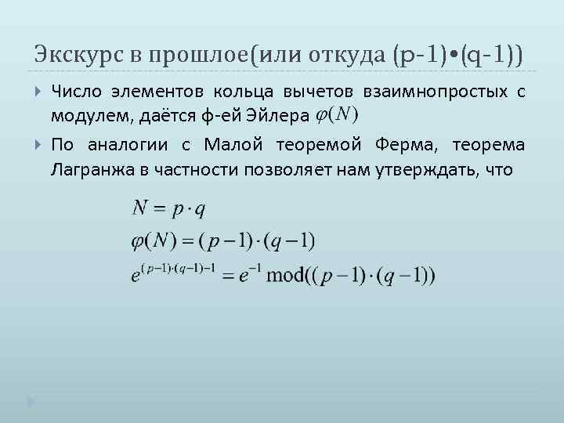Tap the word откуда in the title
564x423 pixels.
(351, 55)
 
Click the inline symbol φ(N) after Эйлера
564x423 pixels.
(336, 114)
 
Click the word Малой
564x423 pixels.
(233, 145)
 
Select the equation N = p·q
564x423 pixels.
(168, 209)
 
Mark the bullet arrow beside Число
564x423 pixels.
(38, 93)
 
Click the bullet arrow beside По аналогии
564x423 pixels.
(38, 145)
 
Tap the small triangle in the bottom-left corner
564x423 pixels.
(31, 402)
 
